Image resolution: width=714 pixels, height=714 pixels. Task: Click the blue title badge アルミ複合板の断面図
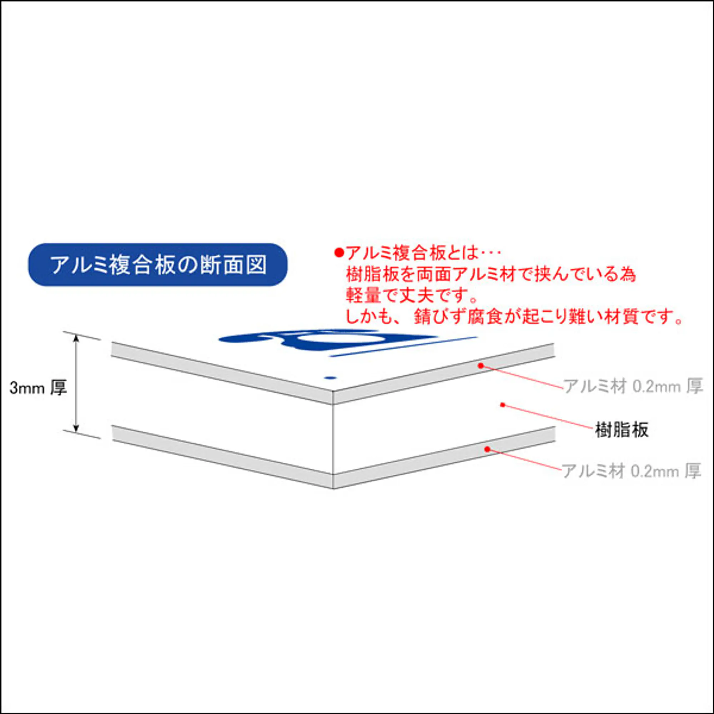[158, 265]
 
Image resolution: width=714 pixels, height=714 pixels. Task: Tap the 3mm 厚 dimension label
[38, 388]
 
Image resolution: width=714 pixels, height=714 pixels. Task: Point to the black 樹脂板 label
[622, 430]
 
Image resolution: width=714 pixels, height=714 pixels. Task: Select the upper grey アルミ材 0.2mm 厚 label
[632, 387]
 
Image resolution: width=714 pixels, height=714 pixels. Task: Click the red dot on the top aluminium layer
[481, 366]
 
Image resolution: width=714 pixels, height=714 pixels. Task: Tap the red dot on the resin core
[503, 405]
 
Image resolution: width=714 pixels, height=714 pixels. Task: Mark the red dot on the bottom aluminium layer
[487, 449]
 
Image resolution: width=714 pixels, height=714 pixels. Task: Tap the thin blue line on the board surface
[403, 347]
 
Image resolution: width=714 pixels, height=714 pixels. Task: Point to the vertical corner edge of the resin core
[334, 438]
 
